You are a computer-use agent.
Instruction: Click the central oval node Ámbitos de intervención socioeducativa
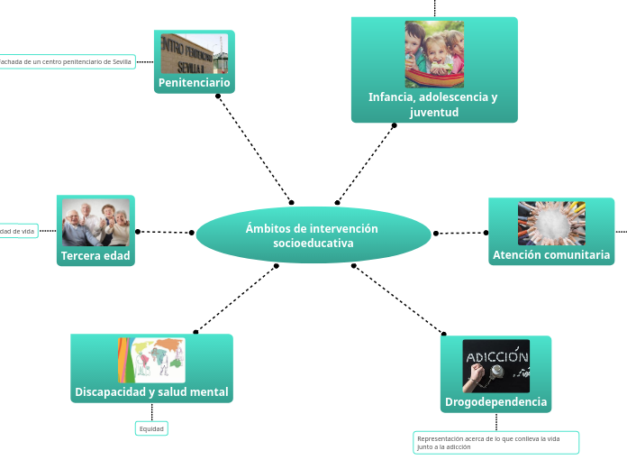point(313,235)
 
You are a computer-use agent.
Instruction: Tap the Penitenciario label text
point(195,83)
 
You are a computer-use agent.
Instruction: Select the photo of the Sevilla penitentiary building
point(195,53)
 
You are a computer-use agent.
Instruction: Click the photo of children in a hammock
point(434,54)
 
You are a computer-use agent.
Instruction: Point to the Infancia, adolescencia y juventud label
point(433,105)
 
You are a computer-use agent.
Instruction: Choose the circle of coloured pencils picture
point(551,223)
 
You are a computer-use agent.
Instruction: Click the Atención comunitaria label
point(551,256)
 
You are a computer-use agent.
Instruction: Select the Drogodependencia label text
point(495,402)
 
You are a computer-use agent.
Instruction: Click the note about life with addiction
point(495,443)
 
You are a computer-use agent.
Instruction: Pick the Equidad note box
point(151,429)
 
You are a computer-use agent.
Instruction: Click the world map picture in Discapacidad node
point(151,360)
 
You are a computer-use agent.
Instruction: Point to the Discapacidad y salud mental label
point(151,393)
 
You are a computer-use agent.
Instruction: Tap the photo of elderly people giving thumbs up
point(95,222)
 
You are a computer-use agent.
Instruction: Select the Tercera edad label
point(95,256)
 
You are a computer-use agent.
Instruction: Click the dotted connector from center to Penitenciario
point(254,148)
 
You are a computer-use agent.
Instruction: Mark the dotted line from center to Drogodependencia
point(398,299)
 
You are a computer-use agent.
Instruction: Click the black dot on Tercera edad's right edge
point(138,232)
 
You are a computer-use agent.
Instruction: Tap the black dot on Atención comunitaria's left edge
point(486,233)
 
